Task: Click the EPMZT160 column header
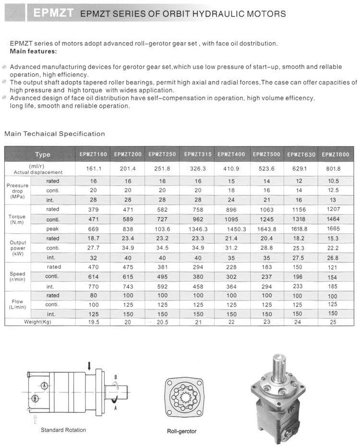pyautogui.click(x=93, y=154)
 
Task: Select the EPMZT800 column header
pyautogui.click(x=336, y=154)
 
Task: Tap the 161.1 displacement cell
pyautogui.click(x=93, y=169)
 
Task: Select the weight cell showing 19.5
pyautogui.click(x=93, y=322)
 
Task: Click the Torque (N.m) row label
pyautogui.click(x=17, y=219)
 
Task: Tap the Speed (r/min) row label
pyautogui.click(x=17, y=277)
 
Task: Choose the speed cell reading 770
pyautogui.click(x=93, y=286)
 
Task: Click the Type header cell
pyautogui.click(x=42, y=155)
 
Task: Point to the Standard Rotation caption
pyautogui.click(x=63, y=430)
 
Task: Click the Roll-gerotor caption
pyautogui.click(x=181, y=431)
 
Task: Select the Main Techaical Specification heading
pyautogui.click(x=54, y=134)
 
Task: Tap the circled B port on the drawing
pyautogui.click(x=35, y=399)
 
